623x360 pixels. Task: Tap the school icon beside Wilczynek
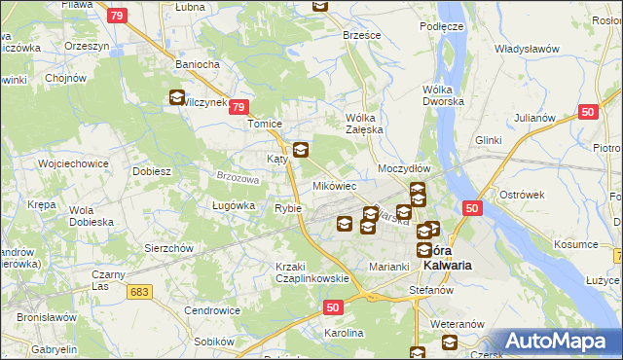point(176,97)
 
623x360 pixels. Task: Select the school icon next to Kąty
point(301,150)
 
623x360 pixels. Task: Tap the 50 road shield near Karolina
point(333,307)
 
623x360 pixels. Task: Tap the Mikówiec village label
point(334,185)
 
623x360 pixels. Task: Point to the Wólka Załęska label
point(366,124)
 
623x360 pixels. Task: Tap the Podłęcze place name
point(441,26)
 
